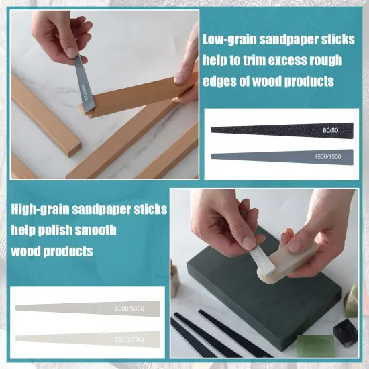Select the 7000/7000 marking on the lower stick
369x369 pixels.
131,339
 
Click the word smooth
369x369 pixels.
99,230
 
